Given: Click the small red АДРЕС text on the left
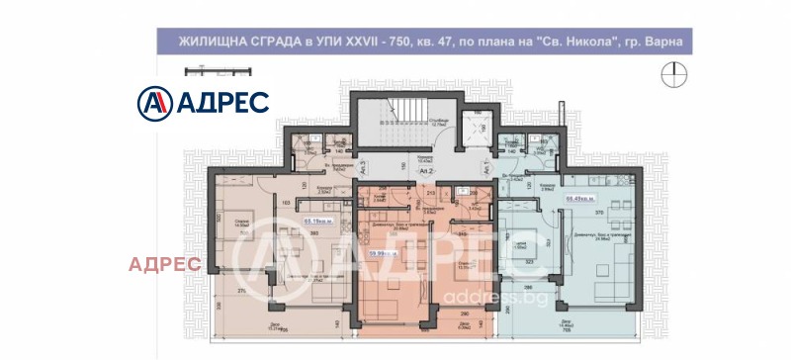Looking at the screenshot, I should [x=166, y=264].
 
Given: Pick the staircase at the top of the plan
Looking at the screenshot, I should [x=395, y=125].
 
